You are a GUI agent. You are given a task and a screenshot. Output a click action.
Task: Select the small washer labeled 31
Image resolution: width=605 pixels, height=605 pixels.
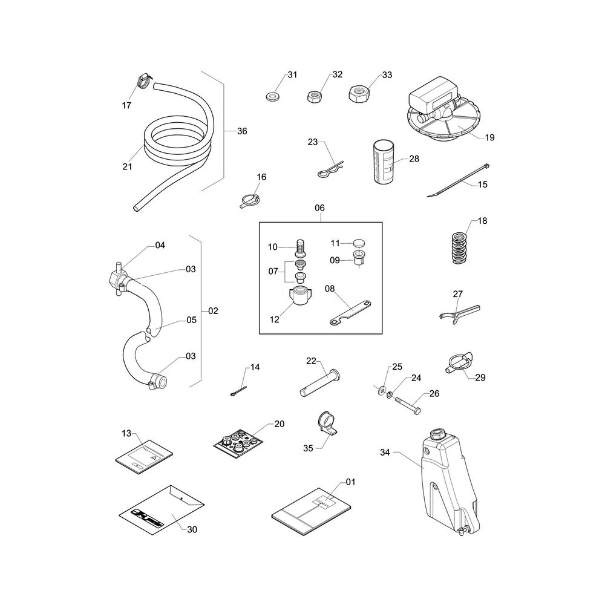click(273, 96)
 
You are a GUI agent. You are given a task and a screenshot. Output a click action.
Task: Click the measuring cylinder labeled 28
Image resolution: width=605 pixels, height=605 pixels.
click(383, 162)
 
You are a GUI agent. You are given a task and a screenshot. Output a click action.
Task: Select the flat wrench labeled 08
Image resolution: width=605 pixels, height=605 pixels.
click(350, 313)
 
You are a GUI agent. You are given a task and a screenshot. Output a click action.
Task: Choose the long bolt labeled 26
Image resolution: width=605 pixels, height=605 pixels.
click(407, 406)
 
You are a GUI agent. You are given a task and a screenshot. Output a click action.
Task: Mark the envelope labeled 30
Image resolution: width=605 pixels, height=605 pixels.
click(162, 510)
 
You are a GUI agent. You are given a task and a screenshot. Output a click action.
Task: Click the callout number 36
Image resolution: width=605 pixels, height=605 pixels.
click(242, 131)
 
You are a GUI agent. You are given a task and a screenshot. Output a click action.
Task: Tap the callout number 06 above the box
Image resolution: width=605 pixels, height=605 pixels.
click(319, 208)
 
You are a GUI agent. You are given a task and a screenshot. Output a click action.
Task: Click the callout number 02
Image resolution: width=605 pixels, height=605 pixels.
click(213, 311)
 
